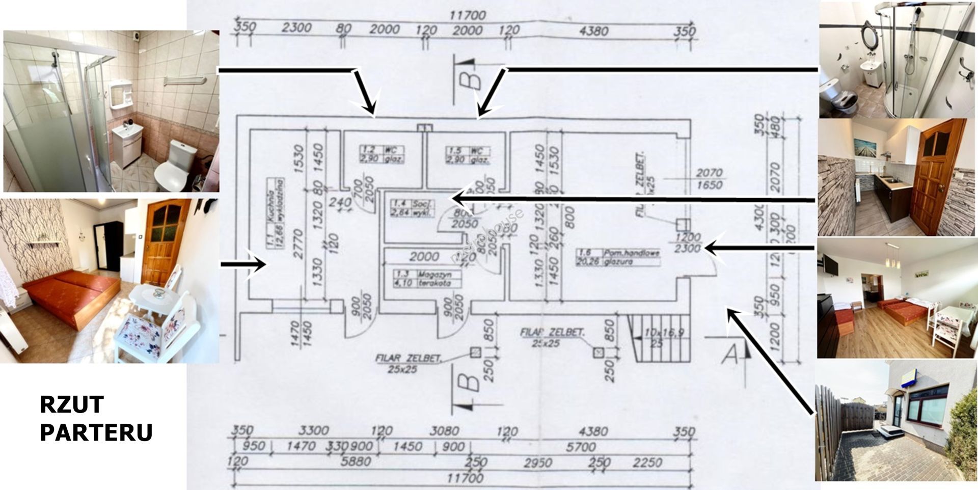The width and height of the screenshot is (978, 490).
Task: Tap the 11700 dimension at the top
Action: [x=467, y=15]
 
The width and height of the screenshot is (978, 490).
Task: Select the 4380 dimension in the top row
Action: [x=593, y=31]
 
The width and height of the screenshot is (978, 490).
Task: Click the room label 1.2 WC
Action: [x=382, y=154]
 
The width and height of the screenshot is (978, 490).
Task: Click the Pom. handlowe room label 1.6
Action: [x=618, y=257]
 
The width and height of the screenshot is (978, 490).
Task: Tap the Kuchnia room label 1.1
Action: [x=275, y=214]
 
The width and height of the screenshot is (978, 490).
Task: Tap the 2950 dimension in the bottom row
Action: [x=538, y=462]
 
